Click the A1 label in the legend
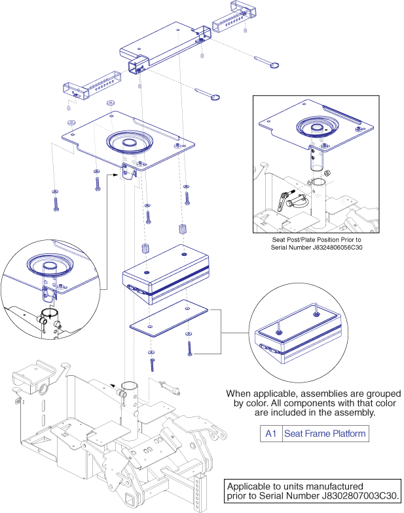(x=270, y=434)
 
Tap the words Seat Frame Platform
(x=324, y=434)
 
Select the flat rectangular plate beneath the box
(x=168, y=319)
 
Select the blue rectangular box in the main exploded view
(x=167, y=272)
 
